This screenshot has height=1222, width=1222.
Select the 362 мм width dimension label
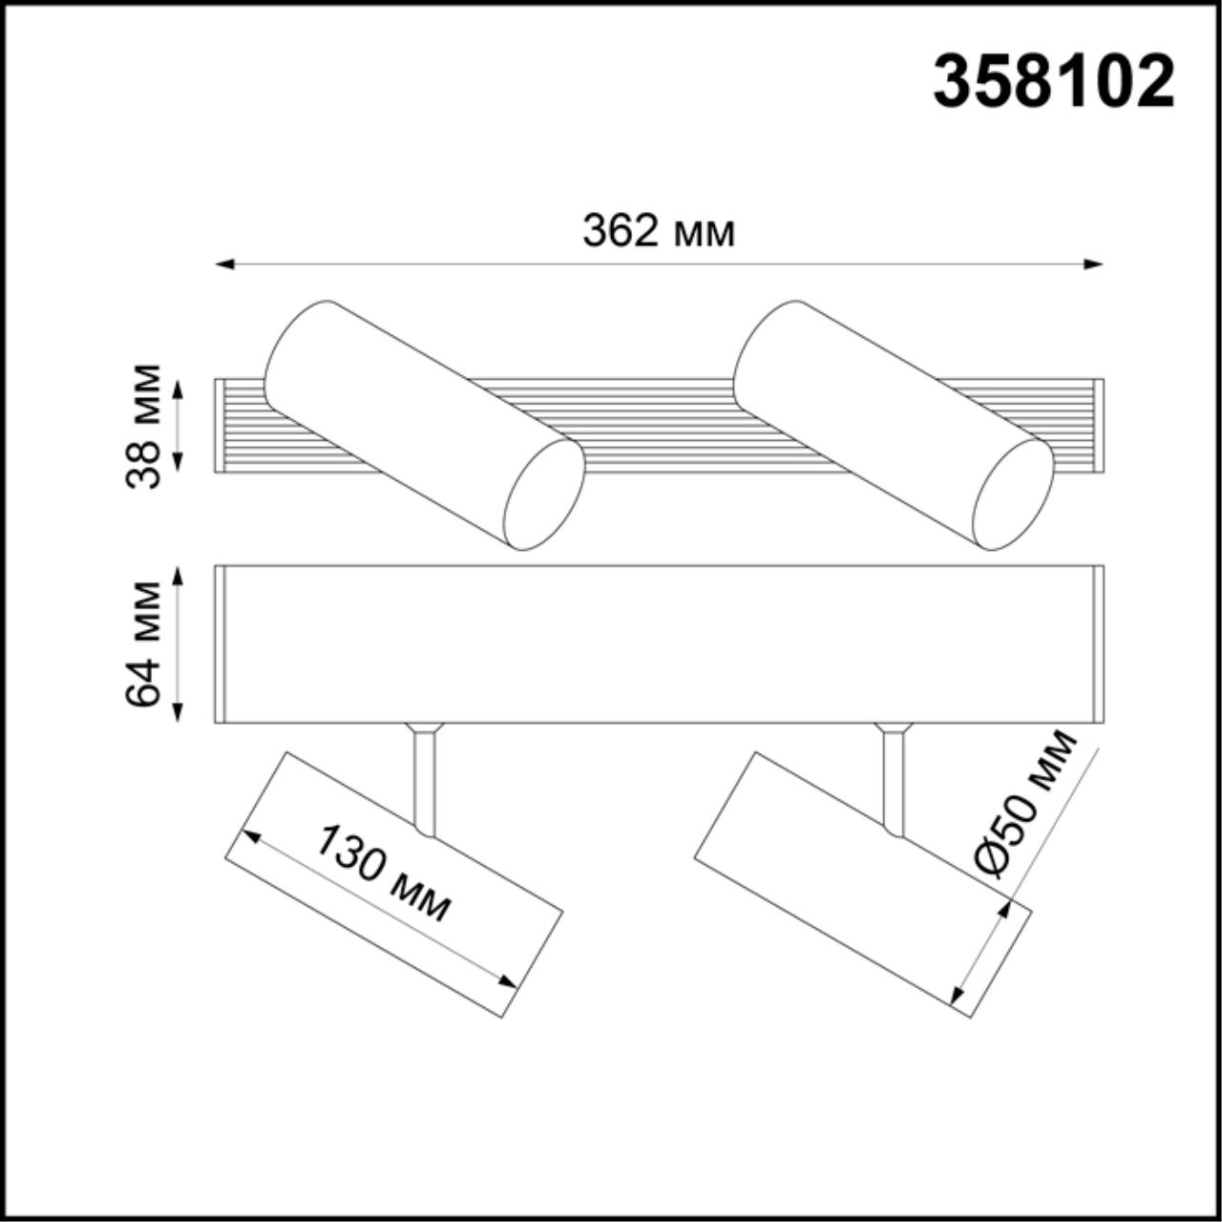pos(659,232)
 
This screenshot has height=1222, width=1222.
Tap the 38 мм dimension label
pos(143,426)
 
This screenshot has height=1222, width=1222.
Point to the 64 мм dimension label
pos(143,643)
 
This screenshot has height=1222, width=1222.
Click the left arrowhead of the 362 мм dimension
pos(223,264)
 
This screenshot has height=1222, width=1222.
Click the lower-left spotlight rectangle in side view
pos(393,884)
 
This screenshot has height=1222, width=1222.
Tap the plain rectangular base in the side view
pos(659,643)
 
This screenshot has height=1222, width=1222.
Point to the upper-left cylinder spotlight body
pos(401,411)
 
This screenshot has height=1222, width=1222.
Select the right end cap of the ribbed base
pos(1098,426)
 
